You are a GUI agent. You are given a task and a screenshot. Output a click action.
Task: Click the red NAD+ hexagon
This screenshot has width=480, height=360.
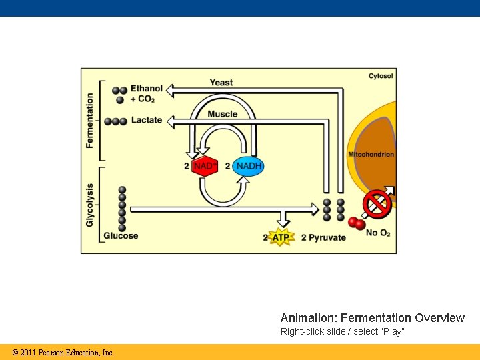point(205,166)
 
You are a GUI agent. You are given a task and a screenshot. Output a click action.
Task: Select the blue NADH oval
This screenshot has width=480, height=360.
point(249,166)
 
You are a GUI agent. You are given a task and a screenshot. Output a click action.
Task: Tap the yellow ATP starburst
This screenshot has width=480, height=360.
point(281,237)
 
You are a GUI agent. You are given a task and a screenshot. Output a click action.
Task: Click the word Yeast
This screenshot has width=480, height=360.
point(221,83)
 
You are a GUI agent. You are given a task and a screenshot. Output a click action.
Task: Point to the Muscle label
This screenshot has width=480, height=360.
point(222,114)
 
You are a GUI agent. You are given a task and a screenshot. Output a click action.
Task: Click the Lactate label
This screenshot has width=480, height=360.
point(147,120)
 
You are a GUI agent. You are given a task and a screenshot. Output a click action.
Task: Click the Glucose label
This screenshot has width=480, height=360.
point(121,235)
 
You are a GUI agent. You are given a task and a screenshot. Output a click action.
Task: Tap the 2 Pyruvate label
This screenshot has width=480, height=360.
point(323,237)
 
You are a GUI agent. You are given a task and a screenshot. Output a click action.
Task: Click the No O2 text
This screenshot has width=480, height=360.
point(377,233)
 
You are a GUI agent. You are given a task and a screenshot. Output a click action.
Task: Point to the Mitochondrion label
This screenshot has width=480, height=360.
point(371,155)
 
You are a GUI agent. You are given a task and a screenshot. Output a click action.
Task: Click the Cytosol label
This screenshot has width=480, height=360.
point(381,76)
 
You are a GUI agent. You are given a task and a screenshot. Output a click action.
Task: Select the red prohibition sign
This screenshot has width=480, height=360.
point(377,204)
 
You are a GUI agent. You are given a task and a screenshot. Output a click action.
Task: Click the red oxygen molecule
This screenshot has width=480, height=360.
point(357,223)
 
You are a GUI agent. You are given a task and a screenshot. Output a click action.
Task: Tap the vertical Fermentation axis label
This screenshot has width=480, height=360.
point(91,121)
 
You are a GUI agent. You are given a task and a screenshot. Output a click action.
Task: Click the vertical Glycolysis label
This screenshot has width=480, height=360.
point(90,205)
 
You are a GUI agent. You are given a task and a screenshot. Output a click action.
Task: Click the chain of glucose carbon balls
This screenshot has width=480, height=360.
point(122,207)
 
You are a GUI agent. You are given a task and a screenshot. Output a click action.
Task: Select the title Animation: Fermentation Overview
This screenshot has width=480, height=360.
point(372,318)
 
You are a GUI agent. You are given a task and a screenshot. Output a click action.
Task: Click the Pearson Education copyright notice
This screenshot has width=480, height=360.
point(63,353)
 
